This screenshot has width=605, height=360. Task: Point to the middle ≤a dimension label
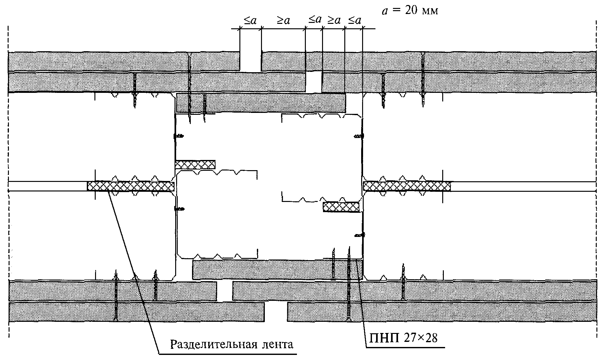point(315,20)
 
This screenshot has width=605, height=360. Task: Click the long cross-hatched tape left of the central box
point(131,186)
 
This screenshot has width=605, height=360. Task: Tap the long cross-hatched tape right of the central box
point(407,186)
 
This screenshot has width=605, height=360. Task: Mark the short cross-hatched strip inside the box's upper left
point(195,164)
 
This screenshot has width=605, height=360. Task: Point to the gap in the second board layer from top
point(314,82)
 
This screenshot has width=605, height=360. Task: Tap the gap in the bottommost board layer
point(276,312)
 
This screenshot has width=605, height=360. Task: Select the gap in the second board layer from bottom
point(225,291)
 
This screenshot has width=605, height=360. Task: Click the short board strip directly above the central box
point(261,103)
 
